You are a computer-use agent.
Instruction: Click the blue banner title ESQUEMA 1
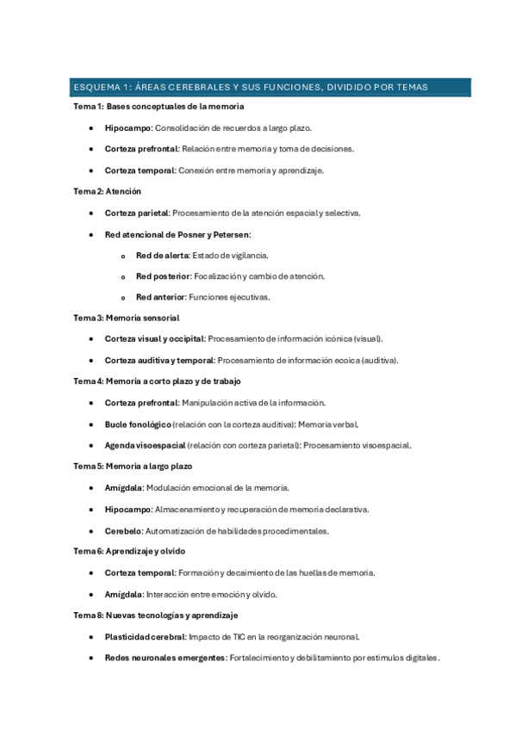[250, 87]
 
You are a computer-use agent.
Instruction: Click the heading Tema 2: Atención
[107, 191]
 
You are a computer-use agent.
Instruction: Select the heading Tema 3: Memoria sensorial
[126, 318]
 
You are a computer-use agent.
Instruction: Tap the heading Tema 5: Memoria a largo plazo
[133, 466]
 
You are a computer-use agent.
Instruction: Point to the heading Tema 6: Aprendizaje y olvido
[129, 551]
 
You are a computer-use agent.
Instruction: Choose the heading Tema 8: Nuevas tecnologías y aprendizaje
[156, 616]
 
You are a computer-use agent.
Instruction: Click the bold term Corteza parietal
[137, 213]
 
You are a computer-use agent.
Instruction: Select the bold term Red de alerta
[162, 255]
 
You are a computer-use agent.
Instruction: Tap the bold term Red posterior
[161, 276]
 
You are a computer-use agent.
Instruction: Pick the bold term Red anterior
[160, 297]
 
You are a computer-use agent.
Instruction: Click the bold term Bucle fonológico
[138, 424]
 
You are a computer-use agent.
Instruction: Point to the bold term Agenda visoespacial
[144, 445]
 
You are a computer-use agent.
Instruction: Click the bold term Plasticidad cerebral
[144, 637]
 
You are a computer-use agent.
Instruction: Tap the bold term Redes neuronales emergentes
[165, 658]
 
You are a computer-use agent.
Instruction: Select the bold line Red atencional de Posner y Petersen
[177, 234]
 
